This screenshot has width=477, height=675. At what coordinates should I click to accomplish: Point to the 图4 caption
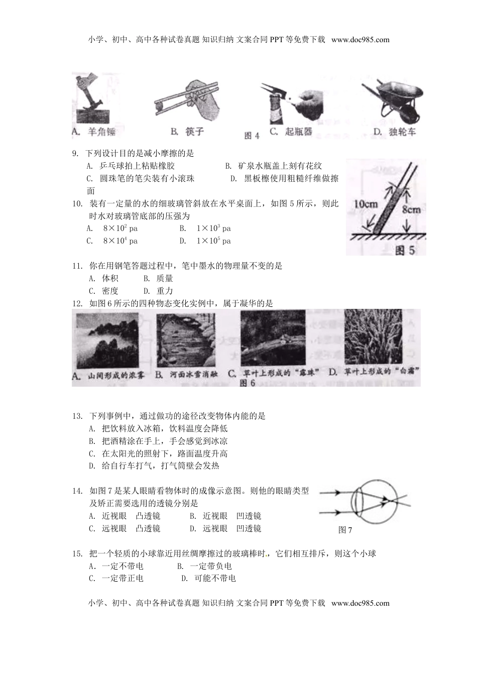pyautogui.click(x=252, y=136)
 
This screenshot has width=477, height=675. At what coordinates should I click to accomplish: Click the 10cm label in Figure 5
pyautogui.click(x=366, y=204)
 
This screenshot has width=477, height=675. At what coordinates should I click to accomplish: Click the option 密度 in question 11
pyautogui.click(x=110, y=291)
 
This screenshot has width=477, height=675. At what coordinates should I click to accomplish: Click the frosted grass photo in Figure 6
pyautogui.click(x=373, y=337)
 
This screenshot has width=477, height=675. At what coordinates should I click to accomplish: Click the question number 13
pyautogui.click(x=77, y=416)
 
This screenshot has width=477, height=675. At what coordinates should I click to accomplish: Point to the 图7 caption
pyautogui.click(x=345, y=530)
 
